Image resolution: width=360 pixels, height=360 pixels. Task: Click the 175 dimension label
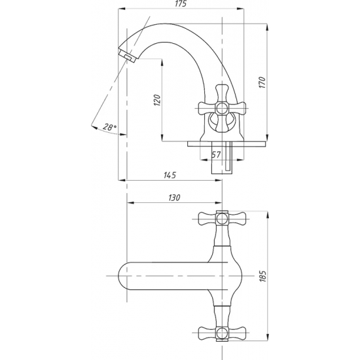[x=181, y=4]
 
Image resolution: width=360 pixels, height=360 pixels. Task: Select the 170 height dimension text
[x=262, y=82]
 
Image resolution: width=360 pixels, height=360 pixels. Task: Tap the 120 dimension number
[x=157, y=100]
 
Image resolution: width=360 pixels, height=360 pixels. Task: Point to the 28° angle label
[x=109, y=127]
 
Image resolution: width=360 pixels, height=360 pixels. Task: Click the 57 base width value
[x=216, y=154]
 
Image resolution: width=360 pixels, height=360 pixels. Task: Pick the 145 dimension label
[x=170, y=175]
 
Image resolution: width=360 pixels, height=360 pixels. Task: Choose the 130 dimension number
[x=175, y=198]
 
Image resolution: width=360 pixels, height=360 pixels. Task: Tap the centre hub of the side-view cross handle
[x=222, y=108]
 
